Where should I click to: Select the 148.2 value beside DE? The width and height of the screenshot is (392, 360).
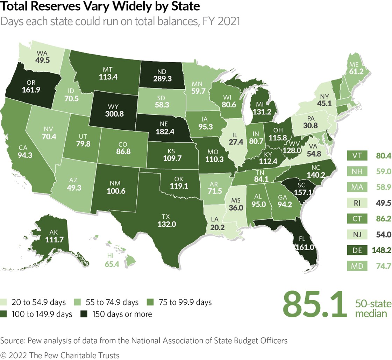click(x=383, y=250)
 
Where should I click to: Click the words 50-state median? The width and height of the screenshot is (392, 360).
click(x=373, y=308)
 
